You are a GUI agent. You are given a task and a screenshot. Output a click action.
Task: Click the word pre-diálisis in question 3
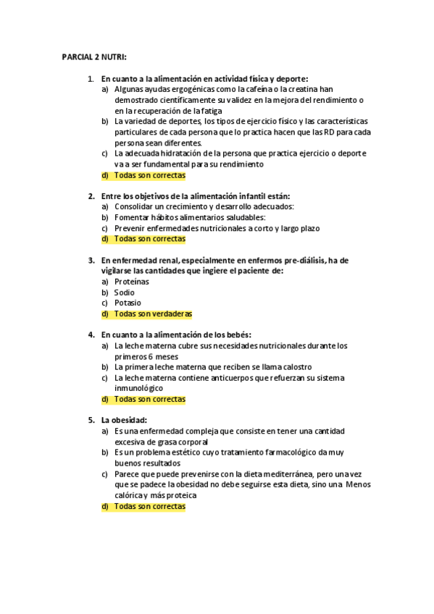pos(299,260)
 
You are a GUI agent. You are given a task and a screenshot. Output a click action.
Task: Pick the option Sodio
pos(125,293)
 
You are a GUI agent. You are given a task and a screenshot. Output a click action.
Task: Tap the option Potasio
pos(128,303)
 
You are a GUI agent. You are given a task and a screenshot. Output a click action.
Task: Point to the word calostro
pos(293,367)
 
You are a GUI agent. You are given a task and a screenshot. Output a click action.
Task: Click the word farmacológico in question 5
pos(280,453)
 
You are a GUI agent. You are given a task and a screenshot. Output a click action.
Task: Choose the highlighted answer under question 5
pos(150,506)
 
